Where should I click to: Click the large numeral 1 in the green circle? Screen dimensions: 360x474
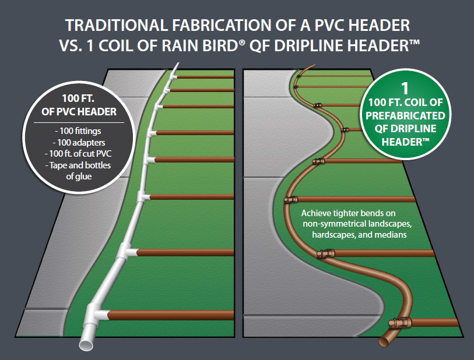coord(406,88)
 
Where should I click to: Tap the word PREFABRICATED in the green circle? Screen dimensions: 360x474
coord(406,115)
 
